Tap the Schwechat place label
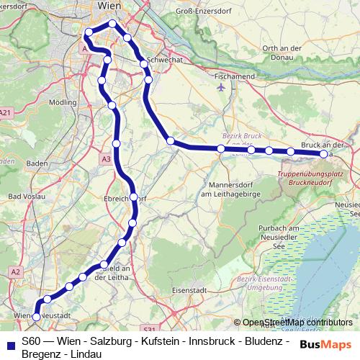coord(162,60)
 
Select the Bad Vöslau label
coord(25,196)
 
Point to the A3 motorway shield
coord(107,159)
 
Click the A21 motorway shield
coord(6,112)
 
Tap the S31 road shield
coord(149,329)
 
